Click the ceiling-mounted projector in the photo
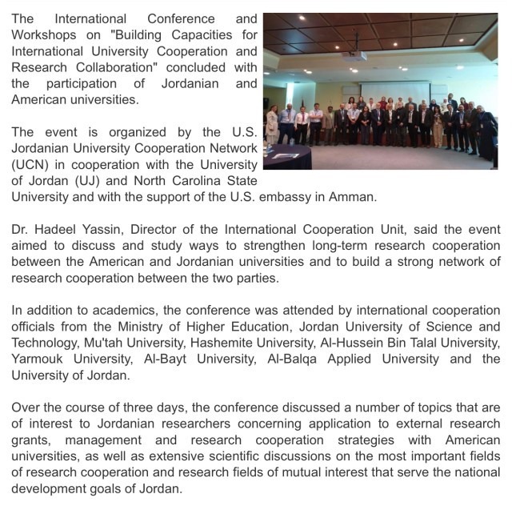353,56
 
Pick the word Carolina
191,180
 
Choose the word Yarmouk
38,359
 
